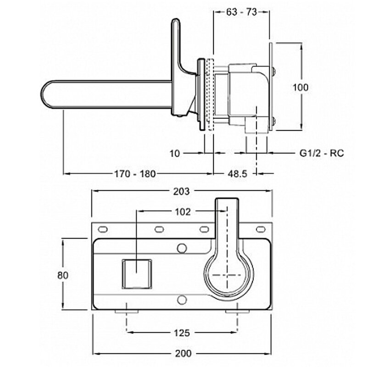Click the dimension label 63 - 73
[x=241, y=12]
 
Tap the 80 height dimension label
[x=63, y=275]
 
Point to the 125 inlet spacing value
[x=182, y=332]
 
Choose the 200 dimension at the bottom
[x=183, y=354]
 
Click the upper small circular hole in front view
[x=182, y=248]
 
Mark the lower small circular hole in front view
[x=182, y=300]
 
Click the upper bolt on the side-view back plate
[x=273, y=71]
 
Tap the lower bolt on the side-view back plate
[x=273, y=122]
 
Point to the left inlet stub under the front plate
[x=127, y=311]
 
